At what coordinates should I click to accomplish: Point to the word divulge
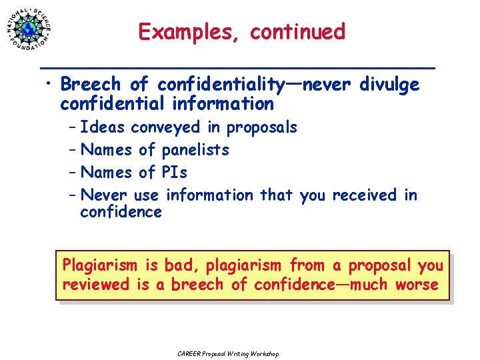(x=389, y=85)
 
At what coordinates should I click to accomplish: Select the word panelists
(x=195, y=150)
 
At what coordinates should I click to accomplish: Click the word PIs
(x=175, y=173)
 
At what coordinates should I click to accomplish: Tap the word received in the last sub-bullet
(x=364, y=195)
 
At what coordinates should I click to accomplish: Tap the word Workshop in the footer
(x=265, y=353)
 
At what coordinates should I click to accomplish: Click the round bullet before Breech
(x=49, y=85)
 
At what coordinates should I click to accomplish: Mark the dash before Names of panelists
(x=71, y=150)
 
